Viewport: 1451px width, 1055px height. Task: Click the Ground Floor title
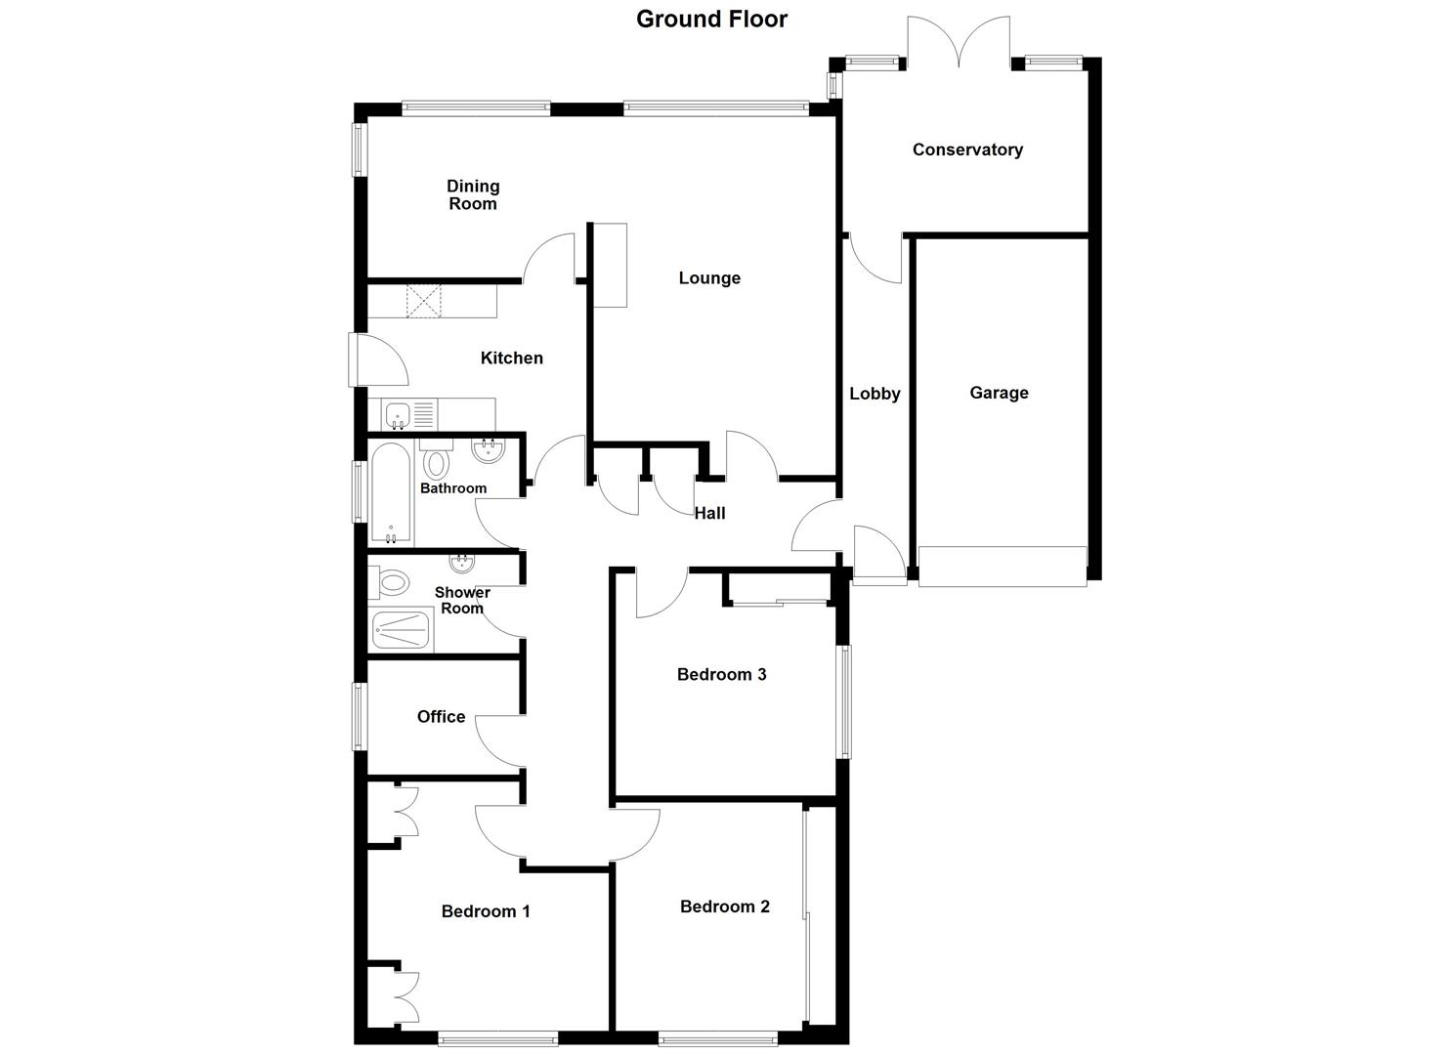pos(711,19)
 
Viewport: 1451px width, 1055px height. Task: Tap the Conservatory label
pos(967,149)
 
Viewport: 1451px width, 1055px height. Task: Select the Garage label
pos(999,393)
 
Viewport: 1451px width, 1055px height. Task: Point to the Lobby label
pos(875,394)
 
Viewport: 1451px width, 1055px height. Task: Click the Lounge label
pos(709,278)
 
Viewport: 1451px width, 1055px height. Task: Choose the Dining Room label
pos(473,194)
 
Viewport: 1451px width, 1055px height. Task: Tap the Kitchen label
pos(511,359)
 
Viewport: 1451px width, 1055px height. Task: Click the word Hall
pos(710,513)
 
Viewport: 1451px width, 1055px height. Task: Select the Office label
pos(441,717)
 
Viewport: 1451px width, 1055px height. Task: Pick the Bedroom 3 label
pos(721,674)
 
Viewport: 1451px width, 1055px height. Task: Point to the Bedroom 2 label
pos(725,907)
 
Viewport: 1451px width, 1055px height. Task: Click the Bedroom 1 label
pos(486,911)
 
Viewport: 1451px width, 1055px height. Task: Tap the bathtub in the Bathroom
pos(391,493)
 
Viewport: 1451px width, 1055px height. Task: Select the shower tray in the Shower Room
pos(401,631)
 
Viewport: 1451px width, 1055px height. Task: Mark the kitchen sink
pos(398,416)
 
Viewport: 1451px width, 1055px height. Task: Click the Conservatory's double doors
pos(959,44)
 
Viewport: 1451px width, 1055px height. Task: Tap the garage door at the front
pos(1003,567)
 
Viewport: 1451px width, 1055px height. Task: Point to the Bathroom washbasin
pos(488,451)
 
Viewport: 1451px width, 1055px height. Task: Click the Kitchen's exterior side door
pos(379,359)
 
